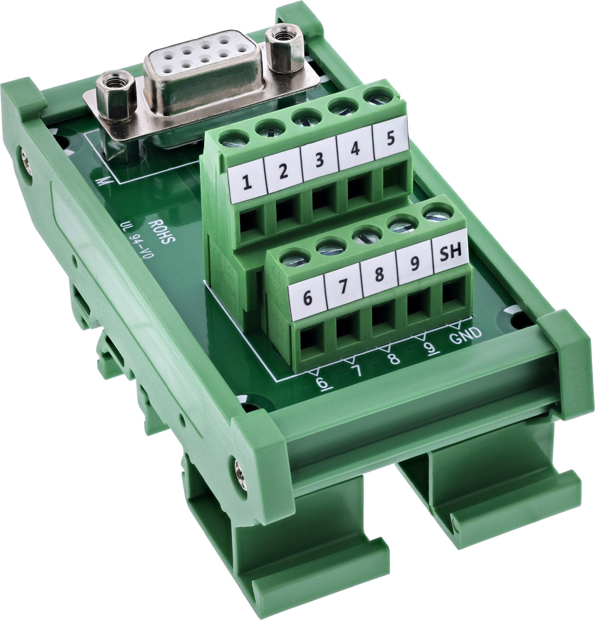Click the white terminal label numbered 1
pyautogui.click(x=248, y=183)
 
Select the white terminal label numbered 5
pyautogui.click(x=390, y=139)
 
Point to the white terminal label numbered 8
pyautogui.click(x=380, y=274)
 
